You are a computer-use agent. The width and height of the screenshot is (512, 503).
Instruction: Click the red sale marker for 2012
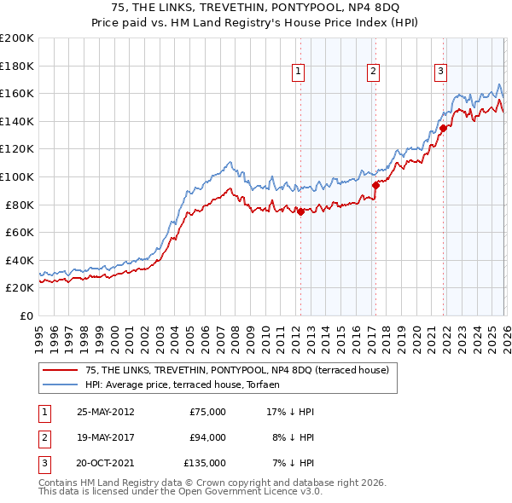[x=300, y=212]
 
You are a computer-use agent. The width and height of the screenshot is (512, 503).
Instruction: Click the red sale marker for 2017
[x=375, y=184]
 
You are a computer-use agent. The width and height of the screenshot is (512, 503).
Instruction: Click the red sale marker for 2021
[x=444, y=129]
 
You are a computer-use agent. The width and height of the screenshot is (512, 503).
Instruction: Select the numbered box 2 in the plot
[x=374, y=72]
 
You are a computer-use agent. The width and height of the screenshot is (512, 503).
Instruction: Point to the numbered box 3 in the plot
[x=441, y=72]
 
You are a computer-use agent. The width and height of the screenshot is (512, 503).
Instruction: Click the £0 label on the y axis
[x=26, y=315]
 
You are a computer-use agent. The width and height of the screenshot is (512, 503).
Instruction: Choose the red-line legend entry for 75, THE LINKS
[x=237, y=370]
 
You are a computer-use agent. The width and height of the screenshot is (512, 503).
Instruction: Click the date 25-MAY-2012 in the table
[x=105, y=412]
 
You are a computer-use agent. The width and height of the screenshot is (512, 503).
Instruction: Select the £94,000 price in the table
[x=207, y=437]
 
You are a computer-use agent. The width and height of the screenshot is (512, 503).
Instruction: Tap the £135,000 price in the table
[x=205, y=463]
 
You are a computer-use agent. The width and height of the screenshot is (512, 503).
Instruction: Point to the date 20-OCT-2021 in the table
[x=105, y=463]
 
